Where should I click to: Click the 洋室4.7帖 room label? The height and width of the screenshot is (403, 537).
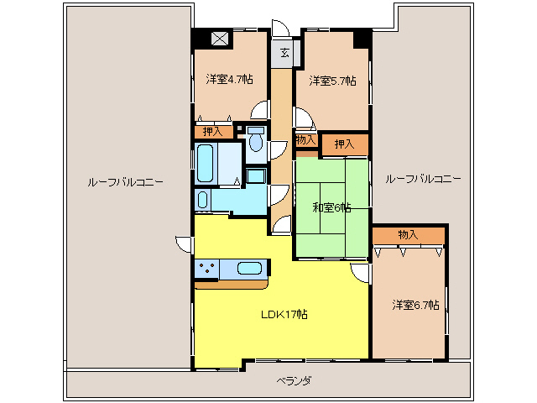[224, 81]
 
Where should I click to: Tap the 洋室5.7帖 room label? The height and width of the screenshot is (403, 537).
[331, 81]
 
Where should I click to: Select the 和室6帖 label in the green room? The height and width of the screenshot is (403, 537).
[331, 207]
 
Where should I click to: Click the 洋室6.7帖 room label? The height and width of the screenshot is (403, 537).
[414, 305]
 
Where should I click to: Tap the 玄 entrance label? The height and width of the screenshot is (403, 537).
[284, 53]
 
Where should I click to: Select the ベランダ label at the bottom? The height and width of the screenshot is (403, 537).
[294, 381]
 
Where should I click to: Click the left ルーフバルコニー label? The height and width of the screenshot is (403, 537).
[125, 181]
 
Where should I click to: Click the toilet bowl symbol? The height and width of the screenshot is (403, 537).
[255, 144]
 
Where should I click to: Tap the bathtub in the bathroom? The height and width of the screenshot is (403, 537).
[206, 162]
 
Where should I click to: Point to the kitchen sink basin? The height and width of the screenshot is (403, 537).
[250, 269]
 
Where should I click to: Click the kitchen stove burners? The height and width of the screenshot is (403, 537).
[206, 269]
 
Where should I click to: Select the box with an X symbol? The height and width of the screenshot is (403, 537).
[220, 38]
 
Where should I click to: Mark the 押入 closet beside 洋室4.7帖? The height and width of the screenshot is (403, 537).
[214, 131]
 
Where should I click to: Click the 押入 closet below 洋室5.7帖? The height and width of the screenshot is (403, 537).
[344, 144]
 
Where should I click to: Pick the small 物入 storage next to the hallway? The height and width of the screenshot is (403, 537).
[305, 140]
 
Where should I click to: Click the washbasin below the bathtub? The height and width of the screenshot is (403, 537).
[202, 199]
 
